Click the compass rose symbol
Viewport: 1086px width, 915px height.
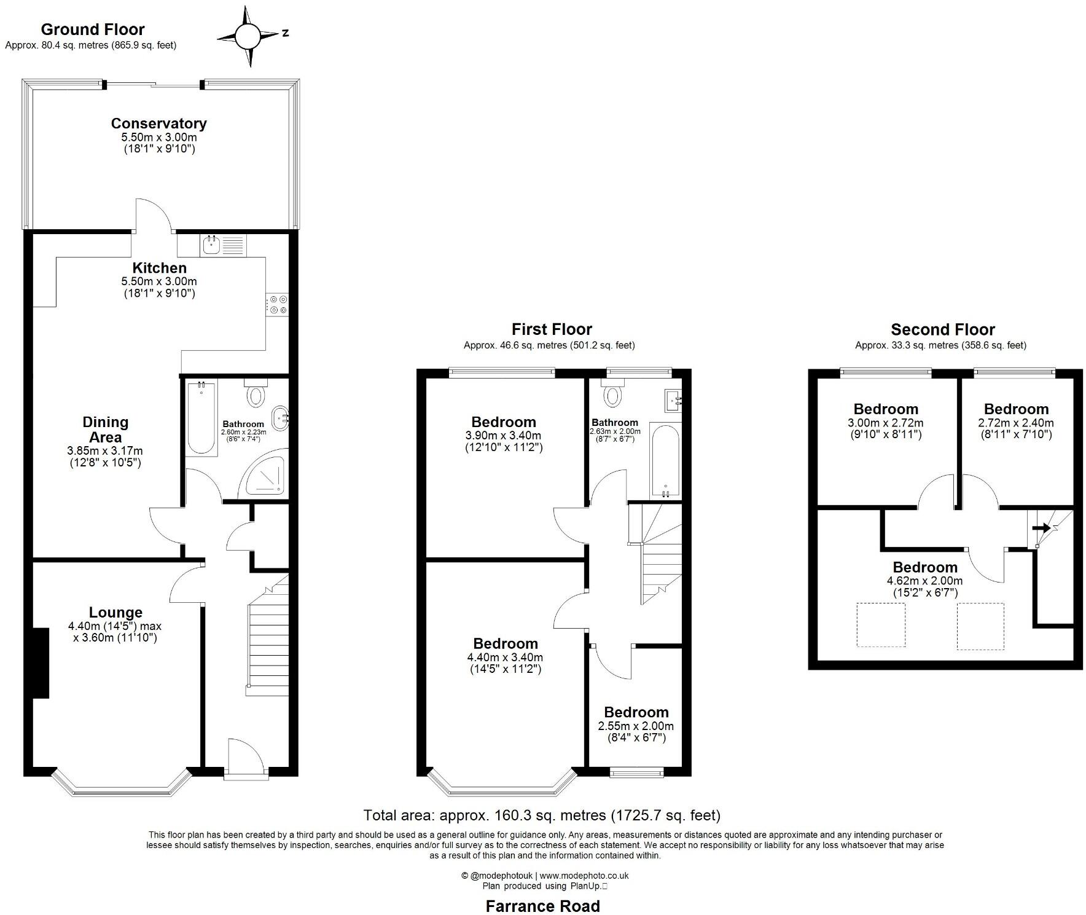click(x=248, y=36)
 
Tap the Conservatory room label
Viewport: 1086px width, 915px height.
click(x=158, y=124)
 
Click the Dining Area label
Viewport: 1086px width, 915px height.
click(x=105, y=430)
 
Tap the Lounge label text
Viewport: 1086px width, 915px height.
click(x=115, y=613)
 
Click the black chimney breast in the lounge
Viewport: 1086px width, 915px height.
click(x=41, y=663)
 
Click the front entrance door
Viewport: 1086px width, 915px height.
click(x=245, y=759)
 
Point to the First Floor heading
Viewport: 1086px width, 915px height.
click(x=552, y=330)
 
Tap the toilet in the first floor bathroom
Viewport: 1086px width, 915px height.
click(x=612, y=395)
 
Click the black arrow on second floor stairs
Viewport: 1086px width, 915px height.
click(x=1041, y=528)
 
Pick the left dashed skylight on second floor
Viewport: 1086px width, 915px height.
click(x=881, y=624)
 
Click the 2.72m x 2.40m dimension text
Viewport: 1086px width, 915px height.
click(x=1015, y=423)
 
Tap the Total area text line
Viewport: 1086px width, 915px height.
click(x=542, y=815)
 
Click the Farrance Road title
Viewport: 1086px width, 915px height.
click(x=542, y=906)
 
